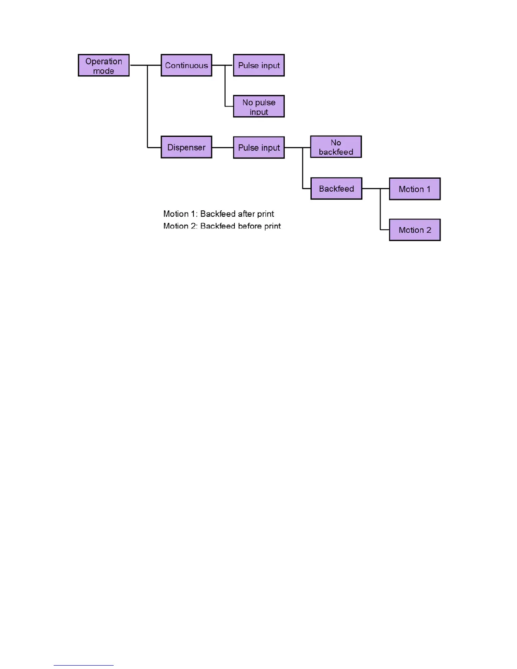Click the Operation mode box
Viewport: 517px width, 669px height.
[103, 65]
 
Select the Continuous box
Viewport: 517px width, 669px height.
[186, 65]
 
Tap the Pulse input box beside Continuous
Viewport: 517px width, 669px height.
[258, 65]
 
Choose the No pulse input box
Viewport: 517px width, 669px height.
[258, 106]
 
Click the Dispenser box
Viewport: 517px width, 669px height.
[186, 147]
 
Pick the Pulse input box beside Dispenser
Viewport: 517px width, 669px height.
[258, 147]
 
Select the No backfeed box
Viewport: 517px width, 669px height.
[336, 147]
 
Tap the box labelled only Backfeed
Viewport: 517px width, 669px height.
[336, 188]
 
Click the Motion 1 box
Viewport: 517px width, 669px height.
[414, 189]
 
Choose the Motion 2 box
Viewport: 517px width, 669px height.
[414, 230]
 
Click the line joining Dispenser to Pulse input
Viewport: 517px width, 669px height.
[223, 147]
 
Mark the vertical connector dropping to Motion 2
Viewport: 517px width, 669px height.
[380, 209]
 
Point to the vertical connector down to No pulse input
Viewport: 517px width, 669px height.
[225, 86]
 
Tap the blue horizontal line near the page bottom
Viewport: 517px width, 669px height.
[83, 665]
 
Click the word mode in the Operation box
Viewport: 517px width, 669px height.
[103, 71]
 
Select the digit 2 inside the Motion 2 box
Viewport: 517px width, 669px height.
[429, 230]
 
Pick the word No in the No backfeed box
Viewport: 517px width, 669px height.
[336, 142]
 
